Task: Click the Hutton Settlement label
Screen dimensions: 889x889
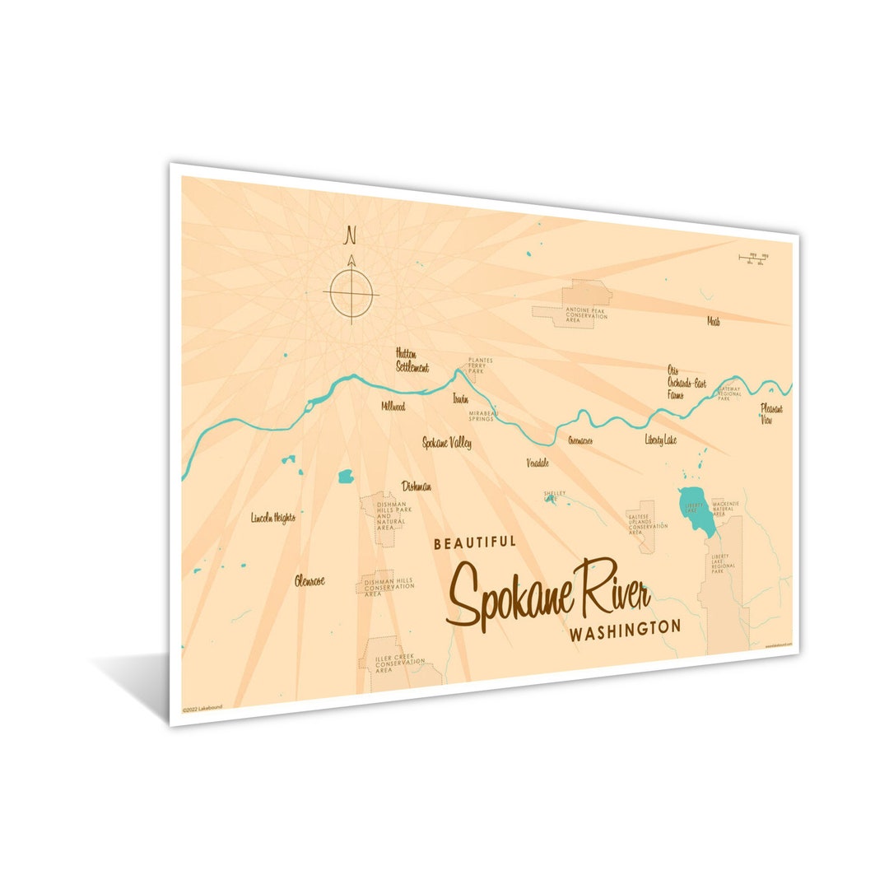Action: pyautogui.click(x=412, y=360)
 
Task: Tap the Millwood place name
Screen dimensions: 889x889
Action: pyautogui.click(x=393, y=406)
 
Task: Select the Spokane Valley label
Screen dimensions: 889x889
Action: pyautogui.click(x=447, y=443)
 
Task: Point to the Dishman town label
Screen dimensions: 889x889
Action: pyautogui.click(x=416, y=486)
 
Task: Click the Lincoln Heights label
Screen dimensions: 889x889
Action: pyautogui.click(x=272, y=518)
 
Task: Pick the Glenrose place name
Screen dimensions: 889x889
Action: pyautogui.click(x=310, y=581)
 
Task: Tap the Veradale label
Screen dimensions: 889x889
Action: pyautogui.click(x=538, y=463)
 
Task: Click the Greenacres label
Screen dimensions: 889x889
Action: pyautogui.click(x=579, y=440)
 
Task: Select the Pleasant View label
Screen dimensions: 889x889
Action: pyautogui.click(x=771, y=414)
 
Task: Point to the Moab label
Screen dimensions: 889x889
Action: pyautogui.click(x=713, y=322)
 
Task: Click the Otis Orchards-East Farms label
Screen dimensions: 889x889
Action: pyautogui.click(x=687, y=382)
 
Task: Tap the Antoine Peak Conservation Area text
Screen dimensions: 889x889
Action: pyautogui.click(x=586, y=314)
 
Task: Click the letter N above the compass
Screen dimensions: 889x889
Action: pyautogui.click(x=351, y=235)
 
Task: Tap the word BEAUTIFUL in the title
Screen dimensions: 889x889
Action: pyautogui.click(x=475, y=542)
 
